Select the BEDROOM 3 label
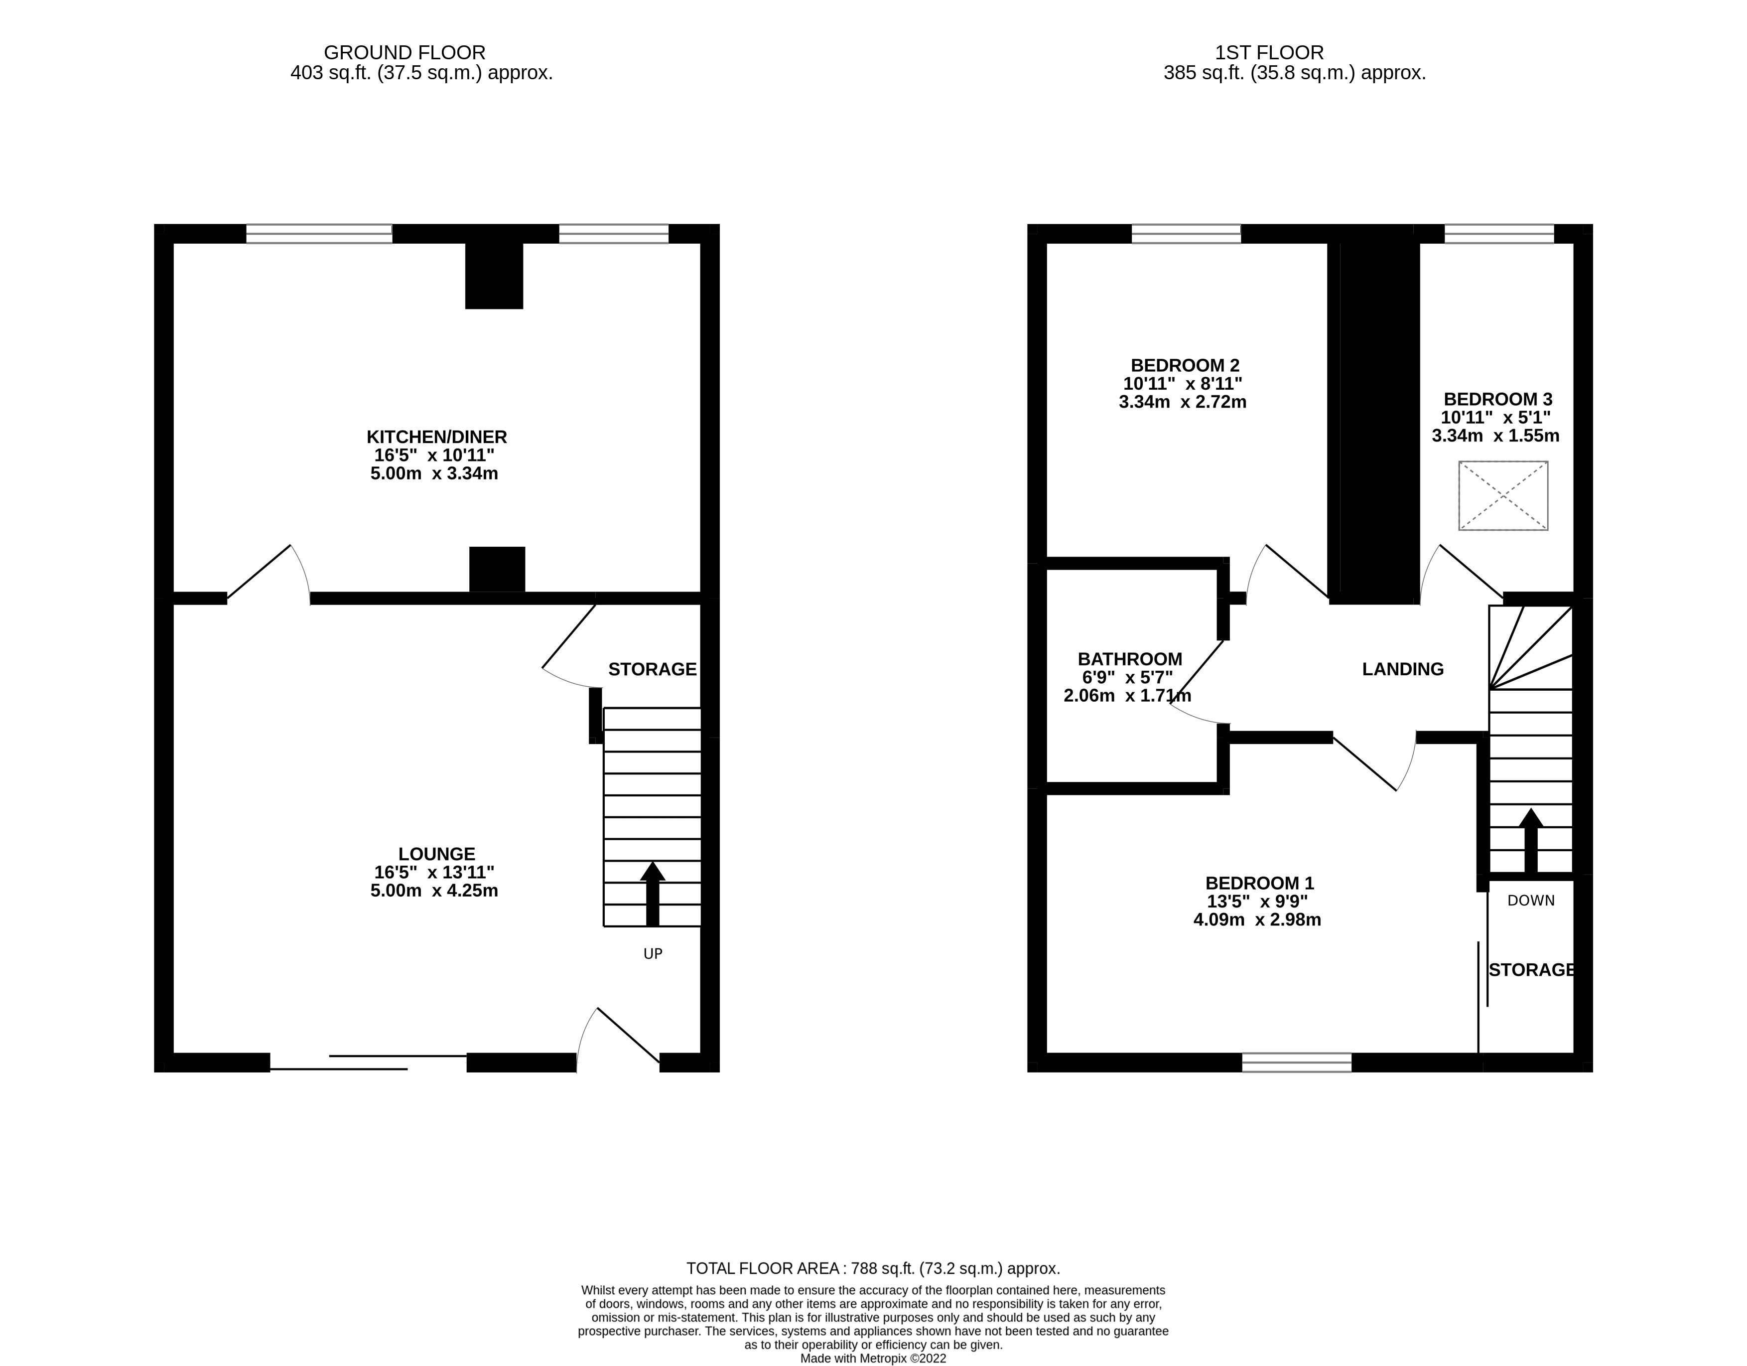tap(1497, 399)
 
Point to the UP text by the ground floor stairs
tap(653, 954)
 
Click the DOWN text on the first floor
tap(1530, 900)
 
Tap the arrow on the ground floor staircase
tap(653, 892)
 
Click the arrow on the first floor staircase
tap(1530, 840)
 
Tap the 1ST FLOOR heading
tap(1269, 53)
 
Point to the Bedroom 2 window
tap(1186, 234)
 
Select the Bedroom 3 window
tap(1498, 234)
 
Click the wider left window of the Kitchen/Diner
tap(319, 234)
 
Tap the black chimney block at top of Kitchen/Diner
tap(494, 275)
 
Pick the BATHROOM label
tap(1129, 659)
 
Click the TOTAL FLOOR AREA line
tap(873, 1268)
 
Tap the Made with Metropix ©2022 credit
tap(873, 1359)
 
